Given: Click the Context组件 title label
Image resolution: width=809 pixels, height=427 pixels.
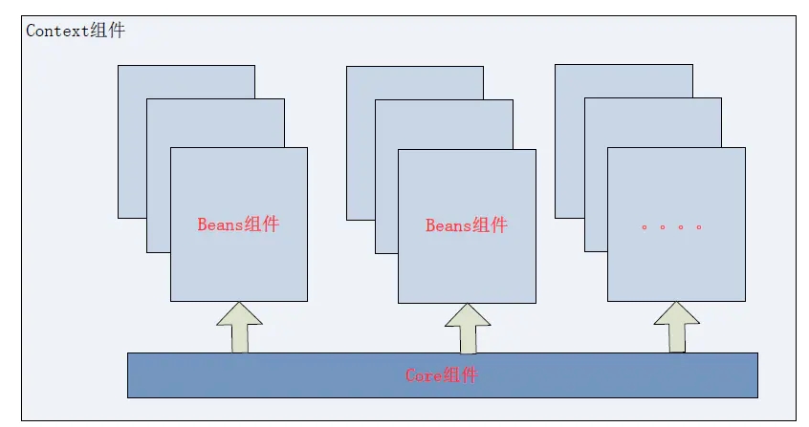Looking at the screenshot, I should point(75,31).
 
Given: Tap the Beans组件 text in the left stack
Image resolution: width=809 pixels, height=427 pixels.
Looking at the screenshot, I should point(238,224).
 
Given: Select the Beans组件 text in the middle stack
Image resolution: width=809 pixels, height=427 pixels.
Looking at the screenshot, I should point(466,225).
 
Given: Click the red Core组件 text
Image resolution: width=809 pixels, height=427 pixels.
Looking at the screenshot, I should point(441,375).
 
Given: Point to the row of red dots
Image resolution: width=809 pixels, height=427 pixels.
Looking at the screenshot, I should point(671,227).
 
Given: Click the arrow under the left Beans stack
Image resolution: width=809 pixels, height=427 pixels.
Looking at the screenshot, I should point(238,328).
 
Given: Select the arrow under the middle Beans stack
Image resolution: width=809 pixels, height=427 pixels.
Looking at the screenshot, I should point(467,329).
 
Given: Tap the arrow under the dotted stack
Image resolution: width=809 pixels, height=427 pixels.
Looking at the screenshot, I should point(676,327).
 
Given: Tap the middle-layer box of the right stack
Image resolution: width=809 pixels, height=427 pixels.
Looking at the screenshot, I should point(595,191).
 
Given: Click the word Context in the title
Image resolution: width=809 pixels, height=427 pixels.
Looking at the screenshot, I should point(57,31).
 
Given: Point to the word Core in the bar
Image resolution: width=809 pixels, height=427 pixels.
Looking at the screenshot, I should point(423,375).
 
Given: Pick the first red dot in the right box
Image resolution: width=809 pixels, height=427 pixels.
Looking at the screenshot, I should point(644,227).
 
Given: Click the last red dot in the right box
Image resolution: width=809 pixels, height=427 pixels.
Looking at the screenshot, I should point(699,227).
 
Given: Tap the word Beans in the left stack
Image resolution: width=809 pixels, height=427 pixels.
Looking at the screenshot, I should point(220,224).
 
